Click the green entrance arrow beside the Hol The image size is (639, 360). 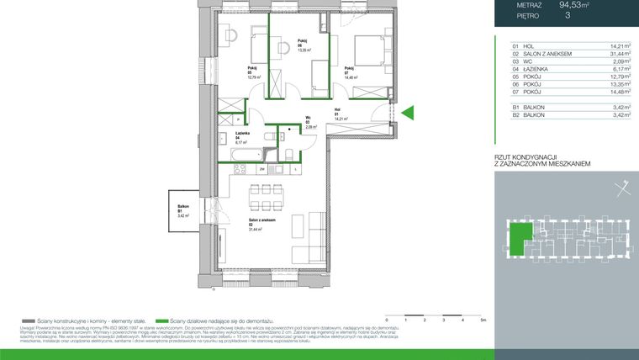[x=408, y=113]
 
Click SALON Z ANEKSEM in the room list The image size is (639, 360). [x=548, y=54]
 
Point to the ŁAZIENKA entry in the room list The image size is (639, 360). [x=540, y=70]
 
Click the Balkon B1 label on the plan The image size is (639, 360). [x=182, y=209]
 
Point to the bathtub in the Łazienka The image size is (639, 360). [x=240, y=156]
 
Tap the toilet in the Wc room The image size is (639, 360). [x=288, y=152]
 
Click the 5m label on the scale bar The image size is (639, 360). [x=483, y=320]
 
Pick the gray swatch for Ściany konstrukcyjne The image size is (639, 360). [x=29, y=320]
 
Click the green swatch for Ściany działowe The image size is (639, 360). [x=164, y=320]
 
